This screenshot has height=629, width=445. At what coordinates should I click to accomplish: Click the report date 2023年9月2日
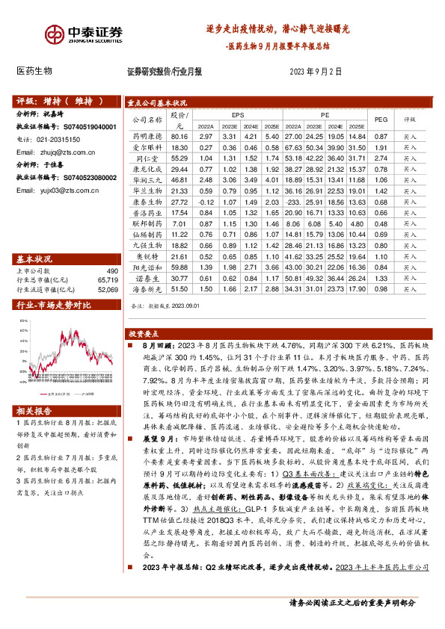[315, 72]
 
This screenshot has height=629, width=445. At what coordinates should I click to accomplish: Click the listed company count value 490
[111, 270]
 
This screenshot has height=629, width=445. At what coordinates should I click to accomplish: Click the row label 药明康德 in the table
[147, 137]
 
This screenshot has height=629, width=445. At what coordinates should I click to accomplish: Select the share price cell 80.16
[178, 137]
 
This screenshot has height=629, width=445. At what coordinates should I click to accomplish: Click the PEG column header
[381, 118]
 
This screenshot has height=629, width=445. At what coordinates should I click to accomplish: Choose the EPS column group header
[238, 116]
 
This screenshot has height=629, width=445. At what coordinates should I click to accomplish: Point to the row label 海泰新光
[147, 288]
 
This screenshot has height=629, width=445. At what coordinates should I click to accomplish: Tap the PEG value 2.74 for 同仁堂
[381, 158]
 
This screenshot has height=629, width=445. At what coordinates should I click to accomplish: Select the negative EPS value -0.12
[206, 202]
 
